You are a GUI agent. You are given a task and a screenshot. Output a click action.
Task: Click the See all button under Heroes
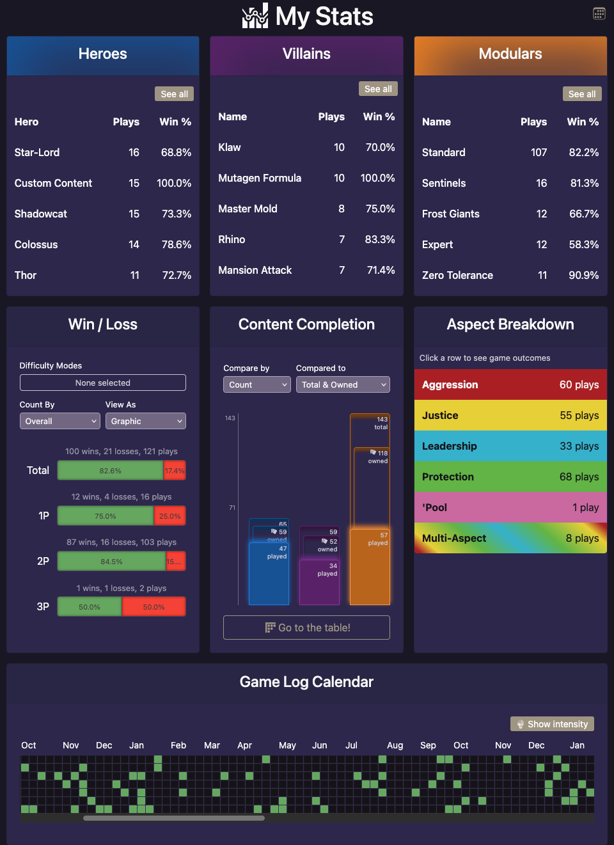pyautogui.click(x=174, y=94)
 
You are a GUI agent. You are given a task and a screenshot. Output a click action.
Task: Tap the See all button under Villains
pyautogui.click(x=378, y=89)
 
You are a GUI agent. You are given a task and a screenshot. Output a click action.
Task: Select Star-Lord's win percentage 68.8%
pyautogui.click(x=176, y=152)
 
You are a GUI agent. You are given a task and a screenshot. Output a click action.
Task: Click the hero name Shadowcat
pyautogui.click(x=41, y=214)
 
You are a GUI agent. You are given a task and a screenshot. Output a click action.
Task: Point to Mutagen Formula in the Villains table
pyautogui.click(x=260, y=178)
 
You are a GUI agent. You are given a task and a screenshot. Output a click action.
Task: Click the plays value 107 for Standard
pyautogui.click(x=539, y=152)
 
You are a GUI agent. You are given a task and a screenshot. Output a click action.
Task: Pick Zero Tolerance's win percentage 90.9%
pyautogui.click(x=583, y=275)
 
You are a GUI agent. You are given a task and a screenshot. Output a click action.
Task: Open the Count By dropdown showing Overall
pyautogui.click(x=60, y=421)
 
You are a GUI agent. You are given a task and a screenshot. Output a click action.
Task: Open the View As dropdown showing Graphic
pyautogui.click(x=146, y=421)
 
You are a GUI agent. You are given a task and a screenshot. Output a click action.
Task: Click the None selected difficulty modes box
pyautogui.click(x=103, y=383)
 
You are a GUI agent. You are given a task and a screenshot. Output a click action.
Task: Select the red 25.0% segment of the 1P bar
pyautogui.click(x=169, y=516)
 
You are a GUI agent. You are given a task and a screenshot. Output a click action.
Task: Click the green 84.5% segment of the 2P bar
pyautogui.click(x=111, y=562)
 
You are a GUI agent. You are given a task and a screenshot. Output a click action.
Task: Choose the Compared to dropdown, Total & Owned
pyautogui.click(x=343, y=384)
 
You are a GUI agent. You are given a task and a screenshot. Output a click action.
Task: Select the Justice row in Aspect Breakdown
pyautogui.click(x=510, y=415)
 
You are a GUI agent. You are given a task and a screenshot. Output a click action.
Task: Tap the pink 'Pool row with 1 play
pyautogui.click(x=510, y=507)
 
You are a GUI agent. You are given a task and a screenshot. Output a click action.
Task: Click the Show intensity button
pyautogui.click(x=552, y=724)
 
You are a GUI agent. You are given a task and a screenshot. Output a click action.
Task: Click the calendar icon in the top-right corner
pyautogui.click(x=599, y=13)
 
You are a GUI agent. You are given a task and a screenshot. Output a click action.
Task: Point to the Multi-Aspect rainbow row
pyautogui.click(x=510, y=538)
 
